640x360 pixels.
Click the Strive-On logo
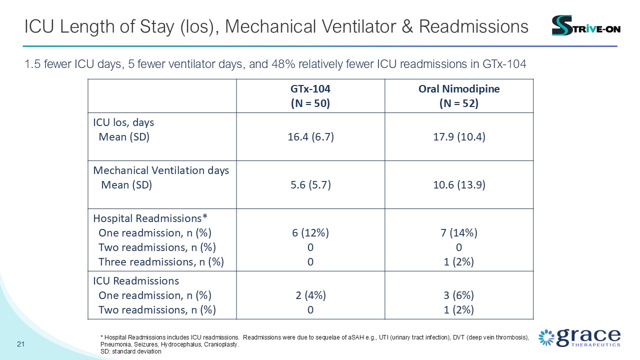pyautogui.click(x=585, y=25)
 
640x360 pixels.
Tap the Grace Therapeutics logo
pyautogui.click(x=579, y=337)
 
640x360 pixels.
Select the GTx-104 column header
pyautogui.click(x=310, y=96)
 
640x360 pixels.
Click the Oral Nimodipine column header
pyautogui.click(x=459, y=96)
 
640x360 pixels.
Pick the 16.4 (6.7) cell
pyautogui.click(x=310, y=137)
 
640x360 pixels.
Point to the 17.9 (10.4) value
pyautogui.click(x=459, y=137)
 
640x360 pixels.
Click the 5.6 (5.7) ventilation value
pyautogui.click(x=310, y=185)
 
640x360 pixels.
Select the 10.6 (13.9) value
pyautogui.click(x=459, y=185)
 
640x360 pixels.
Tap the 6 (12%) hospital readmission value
pyautogui.click(x=310, y=233)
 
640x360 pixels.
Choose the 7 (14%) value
pyautogui.click(x=459, y=233)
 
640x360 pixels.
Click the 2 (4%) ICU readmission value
pyautogui.click(x=310, y=295)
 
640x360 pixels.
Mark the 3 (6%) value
pyautogui.click(x=458, y=295)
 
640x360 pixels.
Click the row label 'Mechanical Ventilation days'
pyautogui.click(x=161, y=170)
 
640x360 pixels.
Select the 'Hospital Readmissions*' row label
pyautogui.click(x=150, y=218)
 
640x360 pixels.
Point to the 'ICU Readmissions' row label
pyautogui.click(x=136, y=281)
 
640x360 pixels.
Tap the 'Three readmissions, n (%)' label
pyautogui.click(x=161, y=261)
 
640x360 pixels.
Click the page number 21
pyautogui.click(x=20, y=344)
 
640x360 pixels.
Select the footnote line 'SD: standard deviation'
pyautogui.click(x=131, y=351)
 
